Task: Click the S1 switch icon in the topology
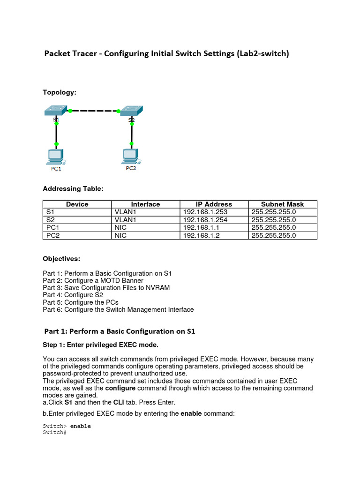tap(56, 111)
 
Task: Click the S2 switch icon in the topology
tap(132, 111)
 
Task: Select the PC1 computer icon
tap(56, 156)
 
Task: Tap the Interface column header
tap(145, 204)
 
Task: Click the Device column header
tap(77, 204)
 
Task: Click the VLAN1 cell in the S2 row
tap(126, 220)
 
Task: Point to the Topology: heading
tap(60, 92)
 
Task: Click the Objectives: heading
tap(61, 258)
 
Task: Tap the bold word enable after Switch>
tap(80, 426)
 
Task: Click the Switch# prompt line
tap(54, 432)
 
